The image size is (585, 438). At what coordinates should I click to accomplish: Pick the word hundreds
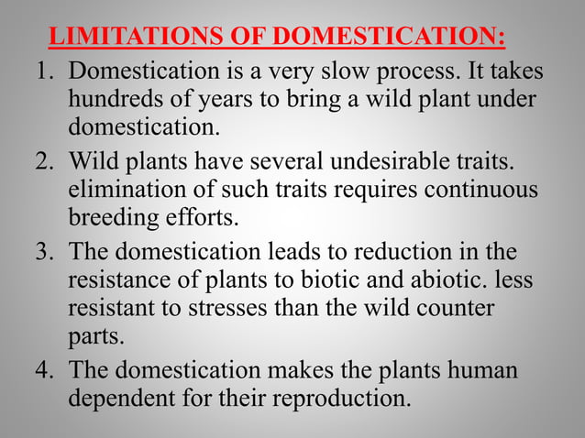click(x=116, y=101)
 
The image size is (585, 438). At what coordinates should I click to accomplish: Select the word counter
click(x=460, y=311)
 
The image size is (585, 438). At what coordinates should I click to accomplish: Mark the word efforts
click(x=199, y=221)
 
